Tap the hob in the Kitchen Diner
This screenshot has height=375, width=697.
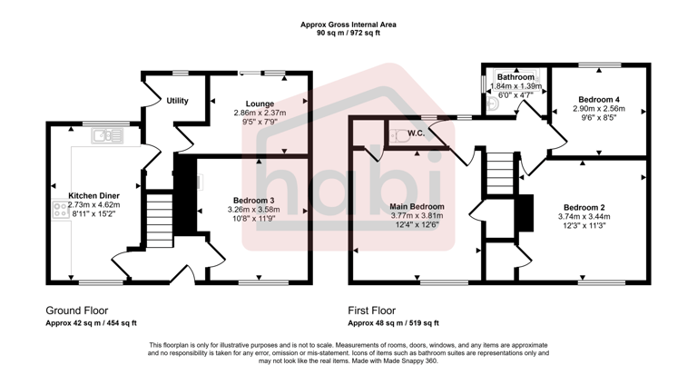click(62, 211)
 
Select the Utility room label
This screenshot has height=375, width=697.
click(177, 100)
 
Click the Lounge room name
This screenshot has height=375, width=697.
click(259, 104)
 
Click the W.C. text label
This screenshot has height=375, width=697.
click(417, 134)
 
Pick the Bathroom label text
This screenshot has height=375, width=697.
click(515, 77)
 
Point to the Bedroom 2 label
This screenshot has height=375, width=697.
click(583, 206)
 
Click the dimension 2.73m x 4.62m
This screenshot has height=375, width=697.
click(94, 205)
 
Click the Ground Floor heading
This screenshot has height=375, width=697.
click(76, 310)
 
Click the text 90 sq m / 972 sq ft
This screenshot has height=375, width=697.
click(348, 33)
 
